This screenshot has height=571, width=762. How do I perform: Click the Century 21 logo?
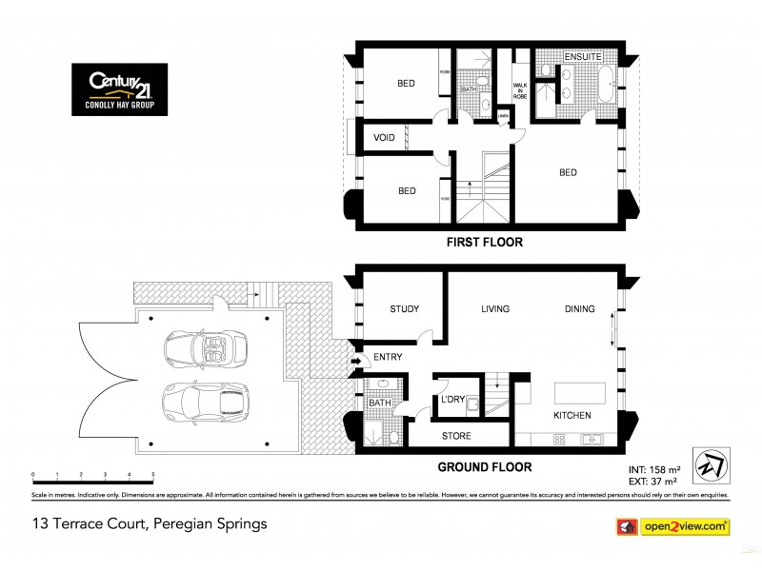pos(119,89)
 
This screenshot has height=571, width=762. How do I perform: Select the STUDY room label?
pos(405,309)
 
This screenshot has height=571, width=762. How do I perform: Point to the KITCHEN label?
pos(572,416)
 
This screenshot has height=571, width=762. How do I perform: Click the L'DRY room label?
pos(451,401)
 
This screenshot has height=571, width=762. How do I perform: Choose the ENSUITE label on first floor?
pos(582,57)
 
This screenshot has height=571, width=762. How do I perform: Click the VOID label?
pos(384,138)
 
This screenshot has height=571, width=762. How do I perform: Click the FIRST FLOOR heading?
pos(485,243)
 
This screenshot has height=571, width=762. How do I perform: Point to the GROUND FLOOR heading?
pos(484,467)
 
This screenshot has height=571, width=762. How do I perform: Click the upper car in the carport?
pos(205,349)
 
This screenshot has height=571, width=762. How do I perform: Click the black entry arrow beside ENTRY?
pos(356,361)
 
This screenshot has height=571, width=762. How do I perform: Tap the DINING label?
pos(579,309)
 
